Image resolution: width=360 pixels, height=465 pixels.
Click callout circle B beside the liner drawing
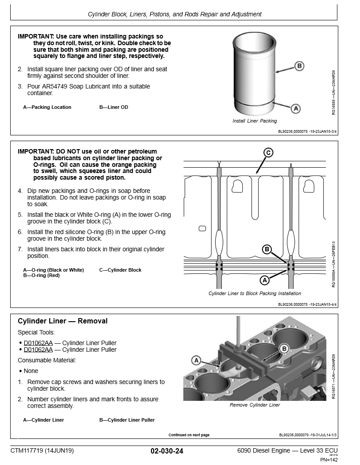coord(299,66)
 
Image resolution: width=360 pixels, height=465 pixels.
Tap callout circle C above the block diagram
coord(268,153)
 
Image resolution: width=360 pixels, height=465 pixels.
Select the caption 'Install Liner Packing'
coord(255,121)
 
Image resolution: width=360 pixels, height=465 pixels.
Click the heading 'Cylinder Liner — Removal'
coord(62,321)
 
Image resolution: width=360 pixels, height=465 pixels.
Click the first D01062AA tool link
coord(38,343)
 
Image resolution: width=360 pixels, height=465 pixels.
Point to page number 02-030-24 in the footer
coord(167,451)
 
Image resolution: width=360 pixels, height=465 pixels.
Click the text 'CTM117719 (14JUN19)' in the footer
coord(42,451)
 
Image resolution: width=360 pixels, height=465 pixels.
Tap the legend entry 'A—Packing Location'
coord(47,107)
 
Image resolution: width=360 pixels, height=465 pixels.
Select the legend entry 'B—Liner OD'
coord(114,107)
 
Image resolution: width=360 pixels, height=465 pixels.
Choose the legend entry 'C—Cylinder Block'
coord(120,270)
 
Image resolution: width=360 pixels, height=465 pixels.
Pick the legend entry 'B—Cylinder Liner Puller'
coord(127,420)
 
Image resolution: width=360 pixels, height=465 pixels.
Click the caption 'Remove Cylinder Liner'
coord(255,405)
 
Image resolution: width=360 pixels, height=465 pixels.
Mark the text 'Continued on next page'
coord(189,435)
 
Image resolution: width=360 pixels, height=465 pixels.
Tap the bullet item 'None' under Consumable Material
coord(31,371)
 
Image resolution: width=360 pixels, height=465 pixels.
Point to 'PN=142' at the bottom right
coord(329,460)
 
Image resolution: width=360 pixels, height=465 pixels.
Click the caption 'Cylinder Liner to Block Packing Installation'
coord(255,293)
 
